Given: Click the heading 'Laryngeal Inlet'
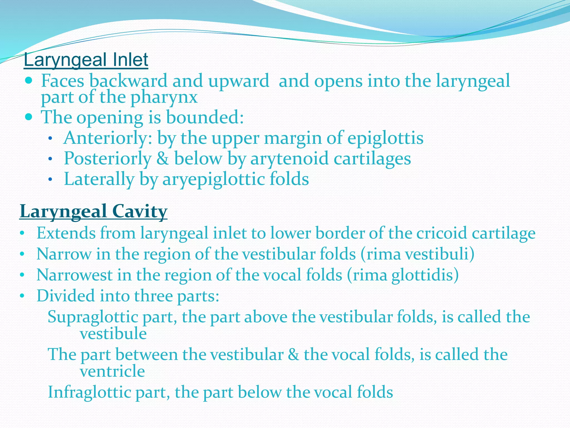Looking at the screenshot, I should (x=86, y=60).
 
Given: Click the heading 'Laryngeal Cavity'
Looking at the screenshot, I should (x=94, y=211).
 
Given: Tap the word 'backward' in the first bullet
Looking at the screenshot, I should (x=128, y=81).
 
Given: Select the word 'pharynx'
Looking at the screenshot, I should (x=164, y=98).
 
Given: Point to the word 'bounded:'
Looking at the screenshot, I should (x=205, y=117).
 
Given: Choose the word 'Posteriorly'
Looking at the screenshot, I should (x=108, y=158).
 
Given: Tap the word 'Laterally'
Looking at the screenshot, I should (x=99, y=179).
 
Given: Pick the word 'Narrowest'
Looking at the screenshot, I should (x=74, y=275).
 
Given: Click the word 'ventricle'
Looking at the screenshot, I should (x=112, y=371).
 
